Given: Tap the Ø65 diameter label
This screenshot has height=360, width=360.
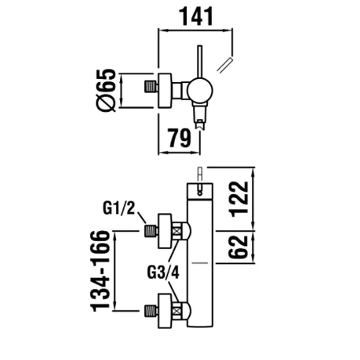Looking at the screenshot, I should pyautogui.click(x=106, y=91).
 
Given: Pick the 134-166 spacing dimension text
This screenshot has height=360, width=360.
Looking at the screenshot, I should pyautogui.click(x=101, y=271).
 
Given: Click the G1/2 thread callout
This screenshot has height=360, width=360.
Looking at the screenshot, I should pyautogui.click(x=118, y=208).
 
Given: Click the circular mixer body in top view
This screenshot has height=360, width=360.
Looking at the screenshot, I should pyautogui.click(x=200, y=91).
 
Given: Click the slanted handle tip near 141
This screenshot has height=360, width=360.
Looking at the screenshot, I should pyautogui.click(x=225, y=65).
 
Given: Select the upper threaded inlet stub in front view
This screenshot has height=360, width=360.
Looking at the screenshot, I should pyautogui.click(x=151, y=231).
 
